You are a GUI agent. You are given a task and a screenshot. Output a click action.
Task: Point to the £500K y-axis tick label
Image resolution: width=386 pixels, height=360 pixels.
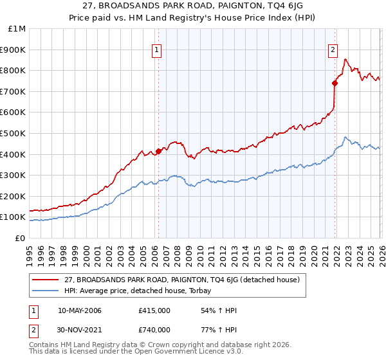point(14,134)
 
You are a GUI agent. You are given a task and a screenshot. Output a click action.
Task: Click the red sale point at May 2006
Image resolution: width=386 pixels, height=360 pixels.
point(158,151)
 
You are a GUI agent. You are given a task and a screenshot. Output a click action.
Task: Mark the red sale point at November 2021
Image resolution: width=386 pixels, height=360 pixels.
point(335,83)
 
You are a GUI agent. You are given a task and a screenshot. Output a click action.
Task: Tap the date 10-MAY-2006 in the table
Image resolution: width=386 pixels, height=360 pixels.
point(79,310)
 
